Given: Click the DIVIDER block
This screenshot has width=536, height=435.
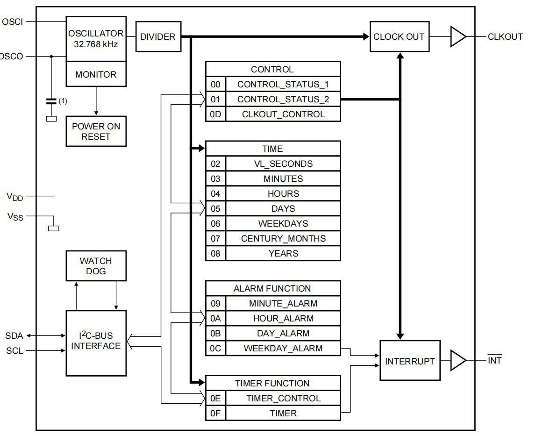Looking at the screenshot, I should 158,36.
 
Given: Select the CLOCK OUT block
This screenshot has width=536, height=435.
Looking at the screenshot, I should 399,36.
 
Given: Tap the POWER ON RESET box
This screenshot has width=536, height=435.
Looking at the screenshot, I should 96,131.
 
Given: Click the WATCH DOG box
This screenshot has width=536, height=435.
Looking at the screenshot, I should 96,266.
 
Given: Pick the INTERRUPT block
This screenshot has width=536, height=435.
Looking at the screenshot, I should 410,361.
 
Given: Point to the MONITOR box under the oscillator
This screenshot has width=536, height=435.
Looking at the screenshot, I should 96,75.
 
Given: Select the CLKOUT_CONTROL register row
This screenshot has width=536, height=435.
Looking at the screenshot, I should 283,114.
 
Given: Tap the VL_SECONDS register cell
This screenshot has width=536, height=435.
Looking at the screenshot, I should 283,164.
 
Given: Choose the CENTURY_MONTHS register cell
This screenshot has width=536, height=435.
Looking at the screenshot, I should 283,238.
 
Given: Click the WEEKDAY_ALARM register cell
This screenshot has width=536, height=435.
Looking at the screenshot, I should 283,348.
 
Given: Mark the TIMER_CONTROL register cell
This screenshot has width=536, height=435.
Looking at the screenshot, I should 283,398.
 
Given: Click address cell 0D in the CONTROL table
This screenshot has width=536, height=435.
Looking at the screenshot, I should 215,114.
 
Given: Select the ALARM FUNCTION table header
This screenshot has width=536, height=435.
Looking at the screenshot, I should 272,288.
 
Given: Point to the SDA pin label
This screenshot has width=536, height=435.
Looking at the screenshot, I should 14,335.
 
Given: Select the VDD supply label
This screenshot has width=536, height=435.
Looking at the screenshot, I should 14,197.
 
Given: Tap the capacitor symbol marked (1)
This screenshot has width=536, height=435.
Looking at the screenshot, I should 51,101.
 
